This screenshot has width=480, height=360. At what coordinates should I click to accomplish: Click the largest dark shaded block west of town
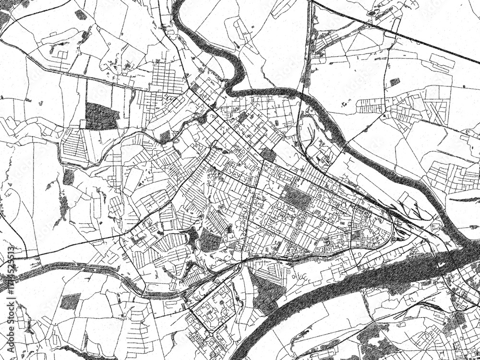(x=101, y=115)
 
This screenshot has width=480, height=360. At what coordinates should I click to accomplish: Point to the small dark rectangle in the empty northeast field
(x=395, y=82)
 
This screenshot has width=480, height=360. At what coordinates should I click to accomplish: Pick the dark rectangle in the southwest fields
(x=71, y=301)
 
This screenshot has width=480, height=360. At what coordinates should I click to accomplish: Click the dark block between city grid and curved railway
(x=269, y=155)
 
